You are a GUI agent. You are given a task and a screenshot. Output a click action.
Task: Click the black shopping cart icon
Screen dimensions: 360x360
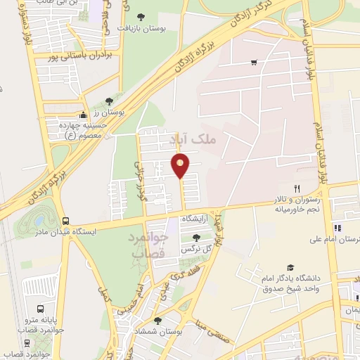pyautogui.click(x=253, y=63)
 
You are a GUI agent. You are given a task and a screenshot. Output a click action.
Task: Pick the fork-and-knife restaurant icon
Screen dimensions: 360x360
pyautogui.click(x=297, y=188)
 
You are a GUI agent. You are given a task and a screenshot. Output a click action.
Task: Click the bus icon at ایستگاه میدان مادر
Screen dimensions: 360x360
pyautogui.click(x=65, y=220)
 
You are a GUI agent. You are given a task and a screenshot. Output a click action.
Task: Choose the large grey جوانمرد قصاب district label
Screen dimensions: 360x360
pyautogui.click(x=148, y=245)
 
